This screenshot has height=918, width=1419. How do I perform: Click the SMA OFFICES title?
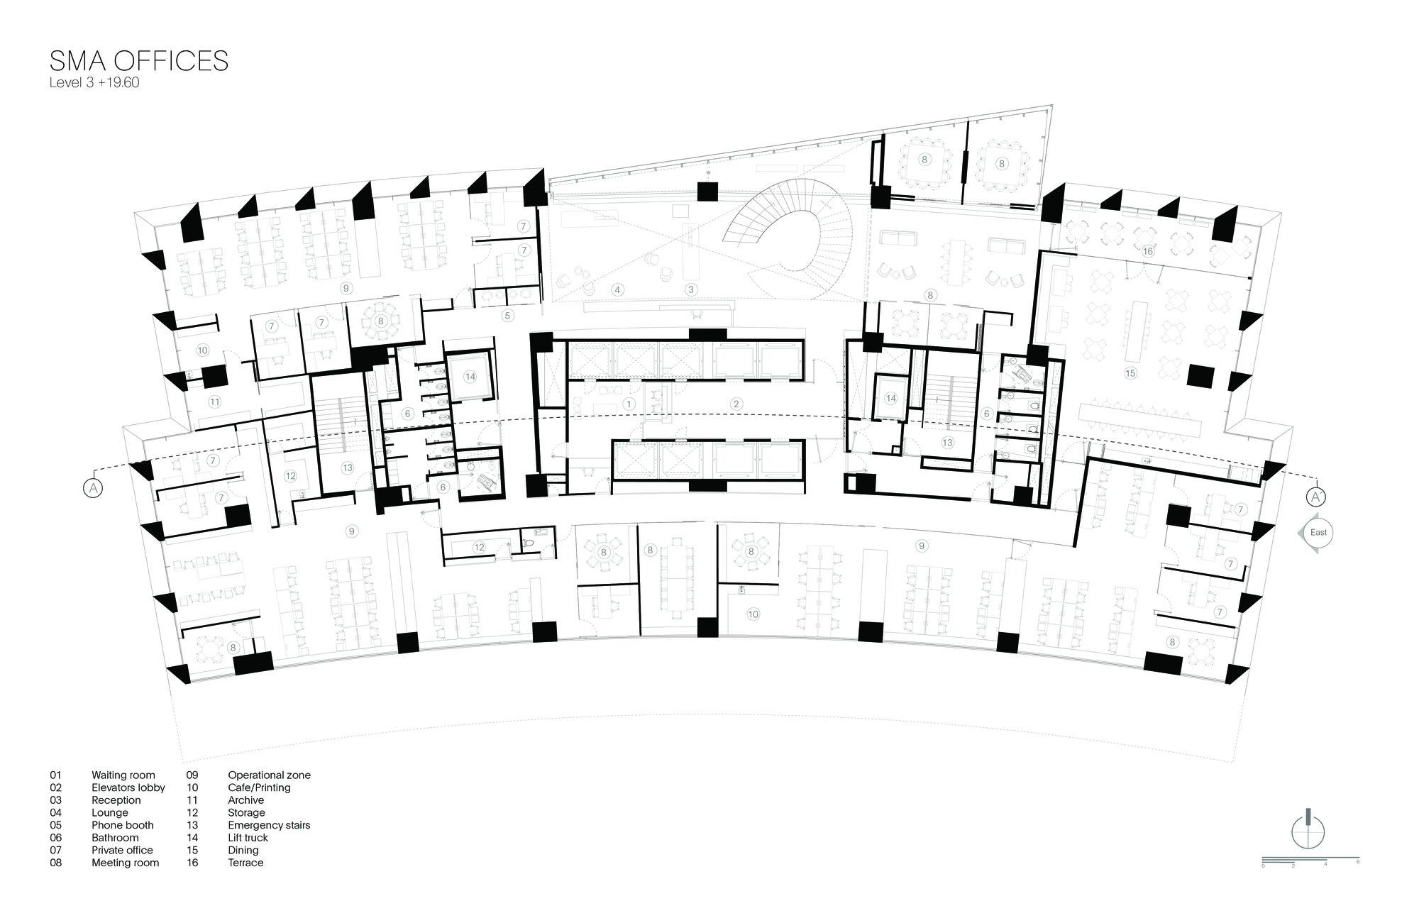click(139, 61)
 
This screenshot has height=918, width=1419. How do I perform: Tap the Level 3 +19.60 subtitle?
click(94, 83)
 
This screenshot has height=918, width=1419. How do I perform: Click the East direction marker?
click(1316, 533)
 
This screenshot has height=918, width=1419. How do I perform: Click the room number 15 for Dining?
click(1130, 372)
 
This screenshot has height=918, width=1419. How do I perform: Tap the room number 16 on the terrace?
click(1148, 251)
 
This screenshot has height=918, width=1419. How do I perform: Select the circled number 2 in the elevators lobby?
click(736, 404)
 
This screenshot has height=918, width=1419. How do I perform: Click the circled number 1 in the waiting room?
click(628, 404)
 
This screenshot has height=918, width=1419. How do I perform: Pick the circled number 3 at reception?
click(690, 289)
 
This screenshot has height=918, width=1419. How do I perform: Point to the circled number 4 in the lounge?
click(618, 289)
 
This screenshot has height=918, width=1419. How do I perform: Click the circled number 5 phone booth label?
click(507, 315)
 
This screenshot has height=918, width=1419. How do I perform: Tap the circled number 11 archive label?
click(215, 402)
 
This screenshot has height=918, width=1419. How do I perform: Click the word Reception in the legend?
click(116, 800)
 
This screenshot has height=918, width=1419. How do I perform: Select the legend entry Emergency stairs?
click(269, 825)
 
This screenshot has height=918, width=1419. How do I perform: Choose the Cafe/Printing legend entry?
click(259, 787)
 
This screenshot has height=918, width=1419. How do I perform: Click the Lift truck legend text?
click(248, 838)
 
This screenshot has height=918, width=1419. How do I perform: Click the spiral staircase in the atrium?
click(788, 238)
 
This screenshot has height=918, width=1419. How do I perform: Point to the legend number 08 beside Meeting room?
click(55, 863)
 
